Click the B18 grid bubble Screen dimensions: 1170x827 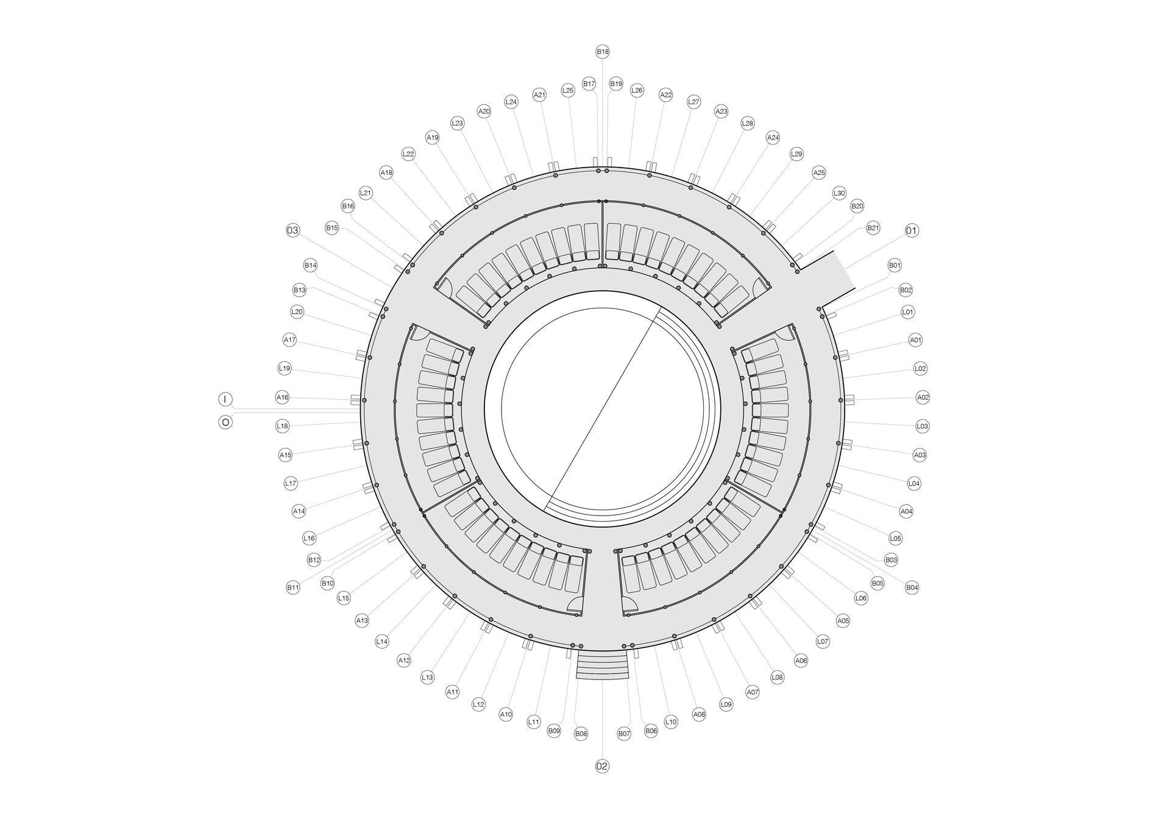coord(602,52)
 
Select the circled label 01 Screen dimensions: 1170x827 coord(912,230)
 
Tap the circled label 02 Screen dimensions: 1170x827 coord(602,766)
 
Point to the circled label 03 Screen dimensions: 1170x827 coord(293,230)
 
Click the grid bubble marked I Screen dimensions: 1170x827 coord(225,399)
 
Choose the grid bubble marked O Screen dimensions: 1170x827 coord(225,422)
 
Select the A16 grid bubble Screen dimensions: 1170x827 coord(282,397)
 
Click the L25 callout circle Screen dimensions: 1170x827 coord(568,90)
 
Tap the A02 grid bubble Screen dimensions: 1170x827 coord(923,397)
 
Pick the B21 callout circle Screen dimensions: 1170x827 coord(873,228)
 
